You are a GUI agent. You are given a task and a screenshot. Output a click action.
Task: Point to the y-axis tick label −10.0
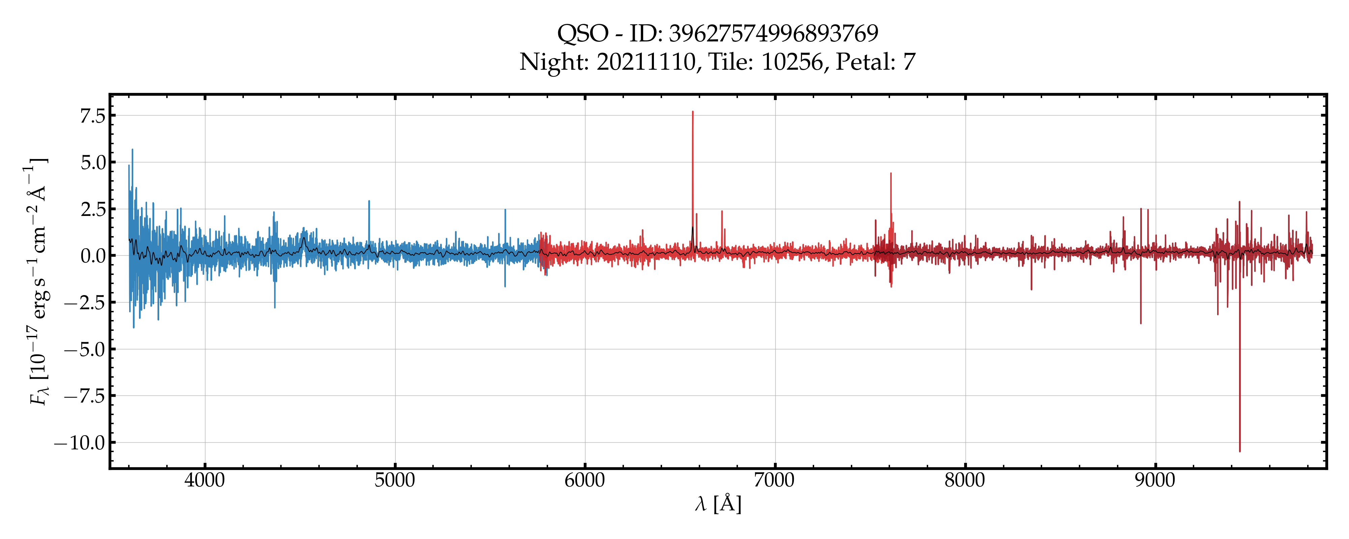click(80, 443)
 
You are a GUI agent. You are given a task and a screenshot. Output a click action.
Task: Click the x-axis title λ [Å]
click(718, 504)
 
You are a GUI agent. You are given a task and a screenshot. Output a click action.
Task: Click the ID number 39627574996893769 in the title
click(773, 33)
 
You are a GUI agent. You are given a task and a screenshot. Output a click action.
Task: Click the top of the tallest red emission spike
click(692, 112)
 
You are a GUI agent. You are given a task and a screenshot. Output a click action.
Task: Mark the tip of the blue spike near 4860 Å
click(369, 201)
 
